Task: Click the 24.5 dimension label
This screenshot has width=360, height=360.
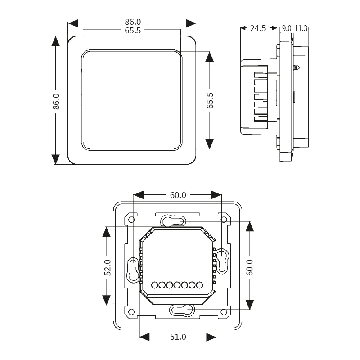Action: coord(258,28)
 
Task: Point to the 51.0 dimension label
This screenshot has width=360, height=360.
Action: coord(178,337)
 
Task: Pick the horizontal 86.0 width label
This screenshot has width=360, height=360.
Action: coord(133,22)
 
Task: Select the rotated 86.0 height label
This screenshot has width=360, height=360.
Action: coord(55,101)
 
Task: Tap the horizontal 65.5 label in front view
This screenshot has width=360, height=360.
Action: coord(133,31)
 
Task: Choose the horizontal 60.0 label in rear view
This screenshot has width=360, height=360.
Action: coord(178,195)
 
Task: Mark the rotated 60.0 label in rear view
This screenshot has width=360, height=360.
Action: coord(250,267)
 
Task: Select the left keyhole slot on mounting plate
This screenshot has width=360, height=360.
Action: coord(133,270)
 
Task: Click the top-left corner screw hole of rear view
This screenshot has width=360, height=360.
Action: coord(131,220)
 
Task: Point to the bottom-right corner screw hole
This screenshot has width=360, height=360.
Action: coord(224,311)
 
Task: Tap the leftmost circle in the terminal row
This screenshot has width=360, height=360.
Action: coord(154,285)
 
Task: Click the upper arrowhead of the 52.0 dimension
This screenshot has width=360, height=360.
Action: coord(107,231)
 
